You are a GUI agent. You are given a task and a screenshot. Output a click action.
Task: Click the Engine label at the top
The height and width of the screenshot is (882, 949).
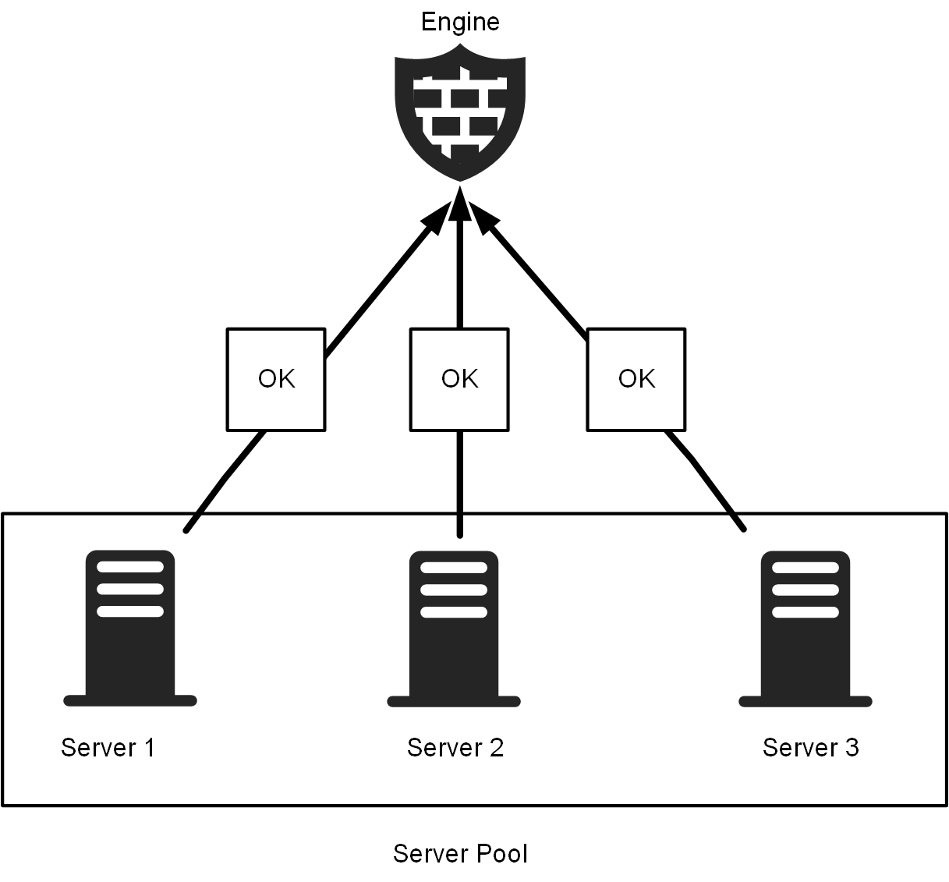(x=460, y=22)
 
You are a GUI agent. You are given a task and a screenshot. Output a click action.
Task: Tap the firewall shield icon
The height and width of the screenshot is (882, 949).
(x=460, y=113)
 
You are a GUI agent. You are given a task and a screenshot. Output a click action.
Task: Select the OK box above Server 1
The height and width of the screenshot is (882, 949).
(x=276, y=380)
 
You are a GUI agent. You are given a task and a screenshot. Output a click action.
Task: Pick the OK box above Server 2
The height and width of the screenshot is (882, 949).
(x=459, y=380)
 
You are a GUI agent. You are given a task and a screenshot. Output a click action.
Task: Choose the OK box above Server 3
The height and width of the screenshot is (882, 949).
(x=636, y=380)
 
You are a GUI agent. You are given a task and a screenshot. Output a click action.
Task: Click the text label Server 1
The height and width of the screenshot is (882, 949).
(x=108, y=748)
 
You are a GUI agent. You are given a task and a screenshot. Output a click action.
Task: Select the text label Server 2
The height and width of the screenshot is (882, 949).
(x=455, y=748)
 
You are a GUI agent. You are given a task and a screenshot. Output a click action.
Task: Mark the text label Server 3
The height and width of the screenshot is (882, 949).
(x=811, y=748)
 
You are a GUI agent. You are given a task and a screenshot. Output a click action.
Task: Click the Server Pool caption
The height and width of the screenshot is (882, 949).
(x=460, y=854)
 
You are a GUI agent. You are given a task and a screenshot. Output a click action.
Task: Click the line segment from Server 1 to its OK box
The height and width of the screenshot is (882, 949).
(x=225, y=481)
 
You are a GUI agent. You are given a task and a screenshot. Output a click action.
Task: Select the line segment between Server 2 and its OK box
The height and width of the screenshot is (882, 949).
(x=460, y=484)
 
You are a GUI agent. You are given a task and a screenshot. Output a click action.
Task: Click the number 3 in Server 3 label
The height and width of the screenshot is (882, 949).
(x=852, y=748)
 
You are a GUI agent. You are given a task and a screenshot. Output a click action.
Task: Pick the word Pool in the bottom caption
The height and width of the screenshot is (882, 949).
(x=503, y=854)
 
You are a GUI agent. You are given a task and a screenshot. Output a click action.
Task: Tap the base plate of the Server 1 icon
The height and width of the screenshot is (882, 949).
(x=130, y=700)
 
